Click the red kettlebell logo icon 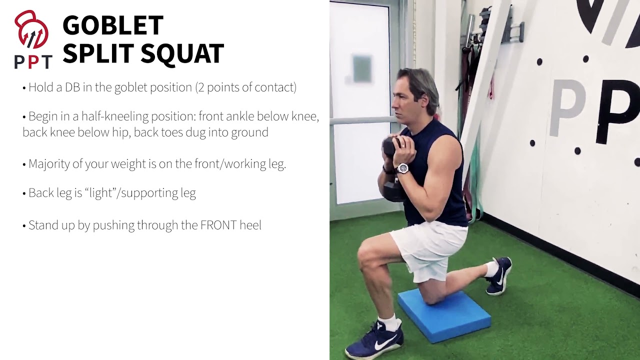click(x=31, y=31)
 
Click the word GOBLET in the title click(x=113, y=25)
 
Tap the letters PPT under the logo click(x=33, y=62)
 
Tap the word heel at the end click(x=250, y=225)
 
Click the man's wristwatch click(x=402, y=168)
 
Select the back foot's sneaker click(x=500, y=276)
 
